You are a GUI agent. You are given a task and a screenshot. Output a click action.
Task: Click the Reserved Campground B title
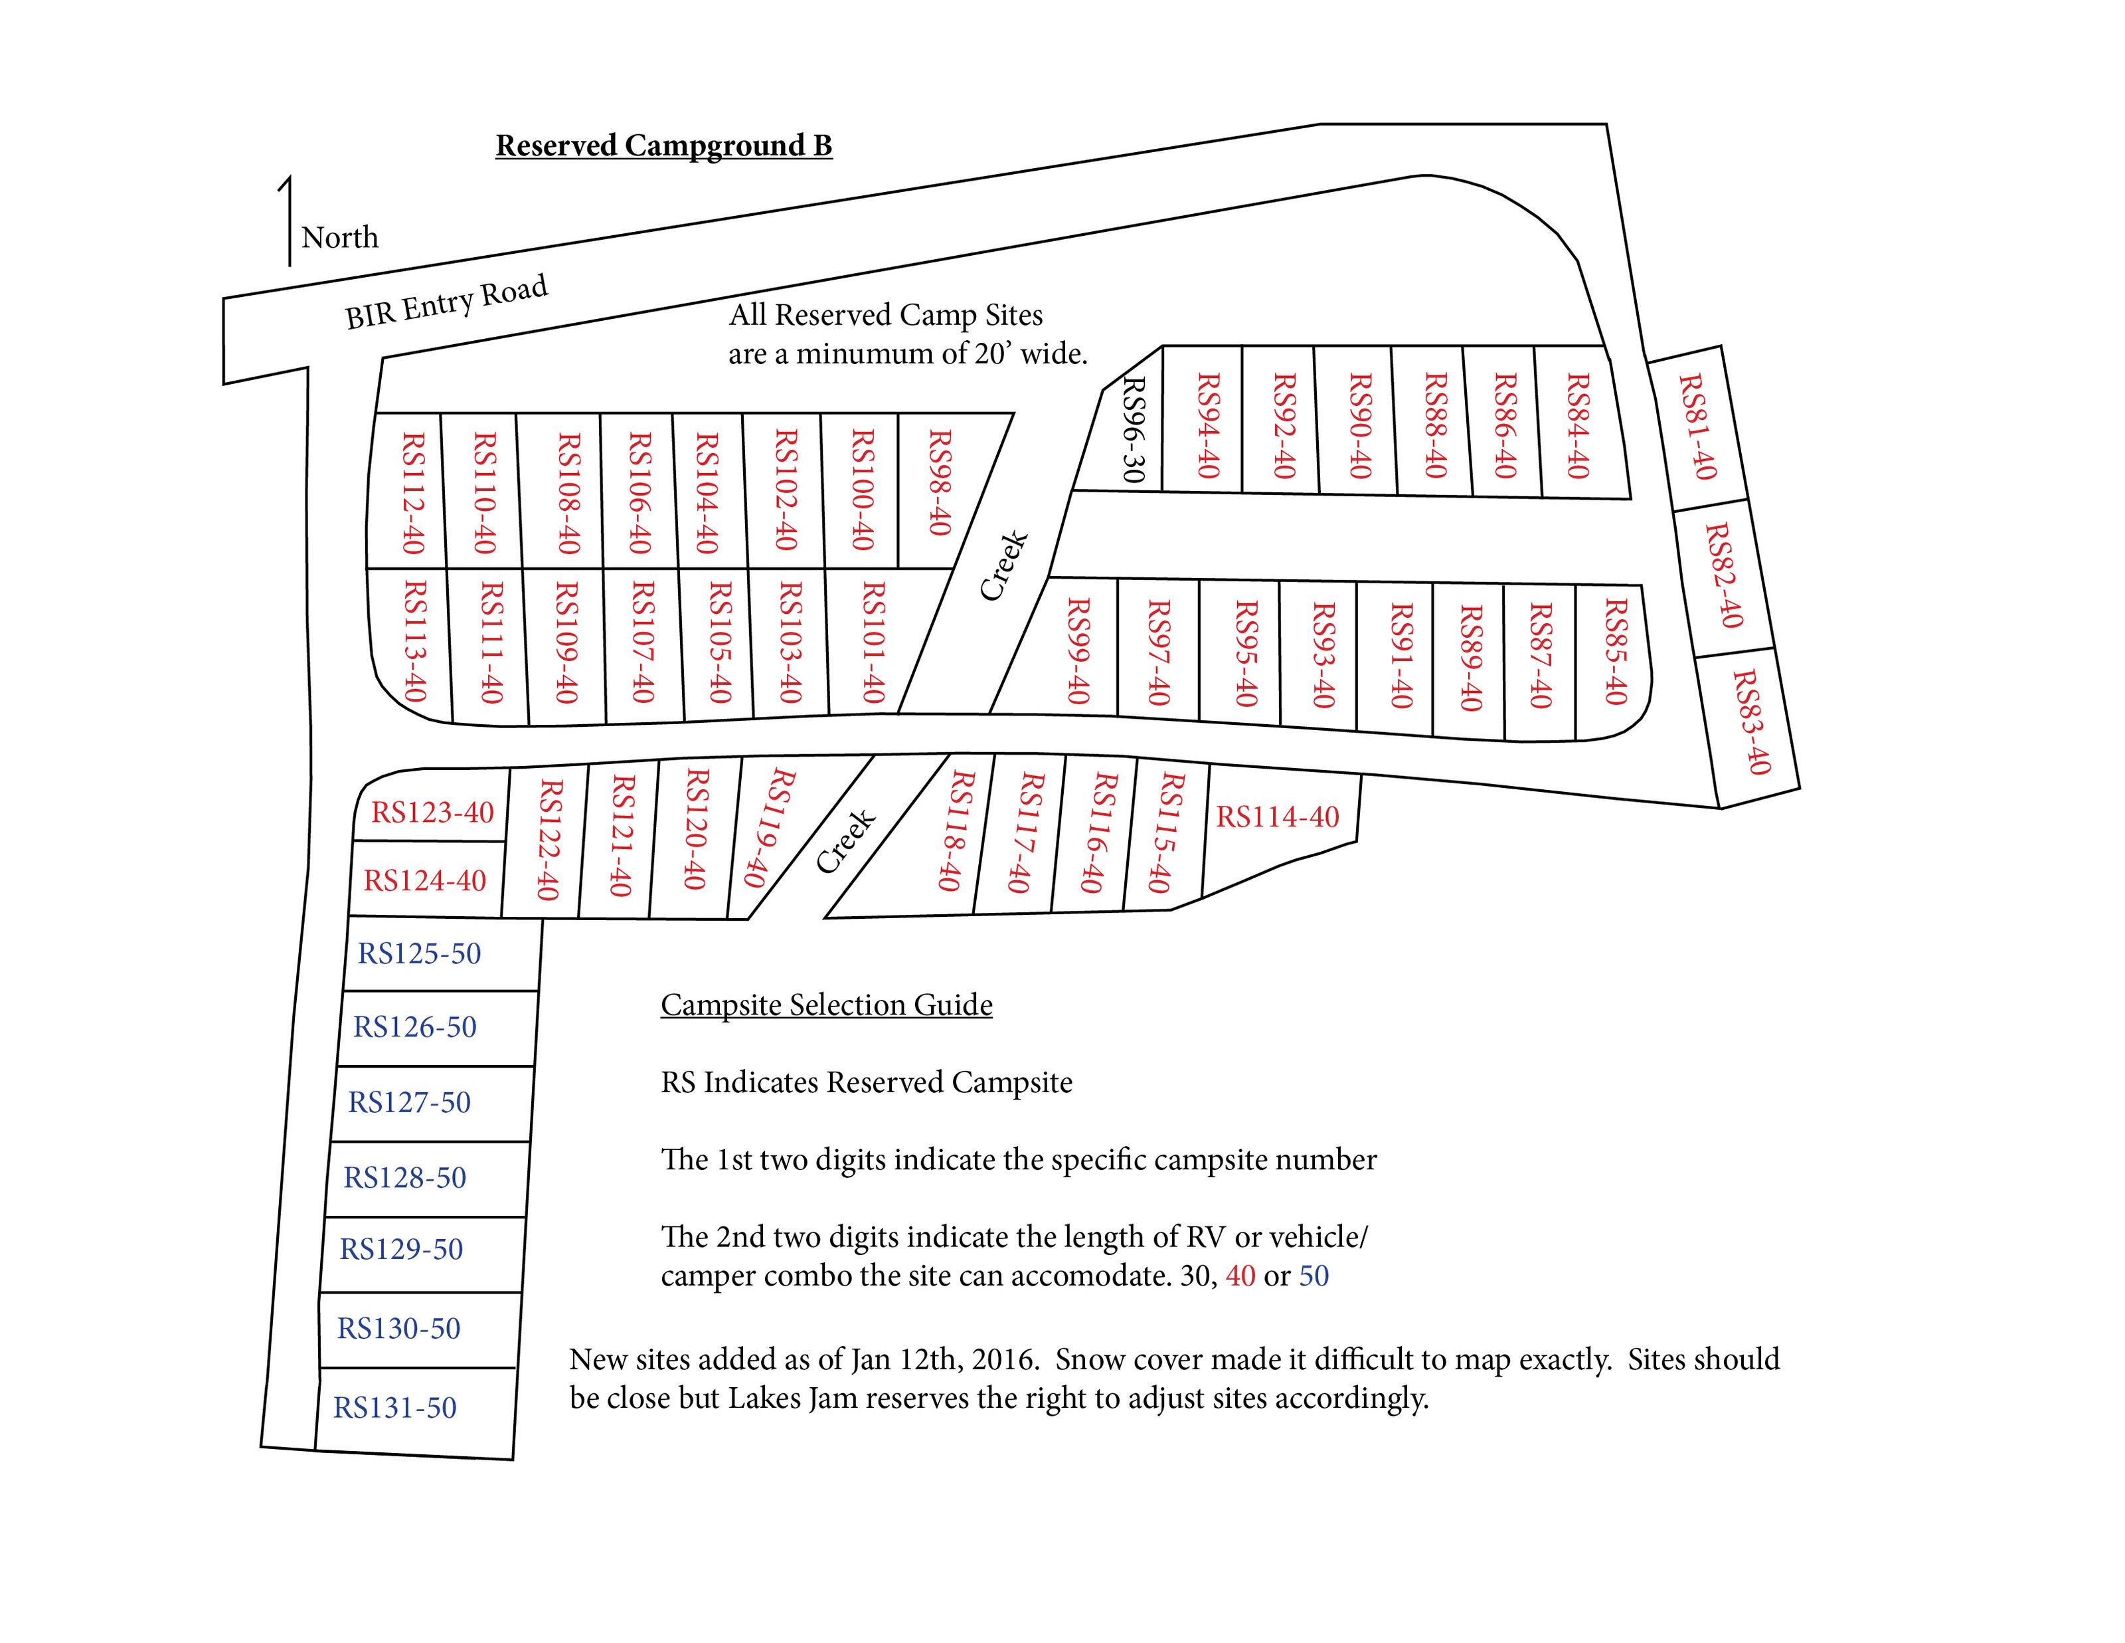(663, 146)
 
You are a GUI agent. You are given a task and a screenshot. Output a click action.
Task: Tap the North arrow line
(289, 221)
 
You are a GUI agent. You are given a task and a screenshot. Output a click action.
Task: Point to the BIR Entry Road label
(447, 302)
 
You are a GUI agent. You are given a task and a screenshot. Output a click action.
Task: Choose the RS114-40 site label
(1278, 817)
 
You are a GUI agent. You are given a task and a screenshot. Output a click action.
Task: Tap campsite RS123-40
(432, 812)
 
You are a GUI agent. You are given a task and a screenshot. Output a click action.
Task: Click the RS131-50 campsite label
(395, 1407)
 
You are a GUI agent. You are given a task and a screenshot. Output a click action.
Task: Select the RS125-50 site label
(420, 953)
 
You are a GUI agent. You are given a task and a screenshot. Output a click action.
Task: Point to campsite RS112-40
(414, 494)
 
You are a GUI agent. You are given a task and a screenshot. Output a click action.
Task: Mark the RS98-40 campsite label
(939, 483)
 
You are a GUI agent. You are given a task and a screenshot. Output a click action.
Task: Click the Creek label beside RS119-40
(845, 841)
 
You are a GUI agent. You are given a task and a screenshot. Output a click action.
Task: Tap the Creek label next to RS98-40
(1003, 565)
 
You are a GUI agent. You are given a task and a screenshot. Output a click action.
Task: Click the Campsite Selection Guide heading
(827, 1005)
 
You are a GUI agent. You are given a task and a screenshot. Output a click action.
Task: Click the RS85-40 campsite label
(1615, 652)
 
